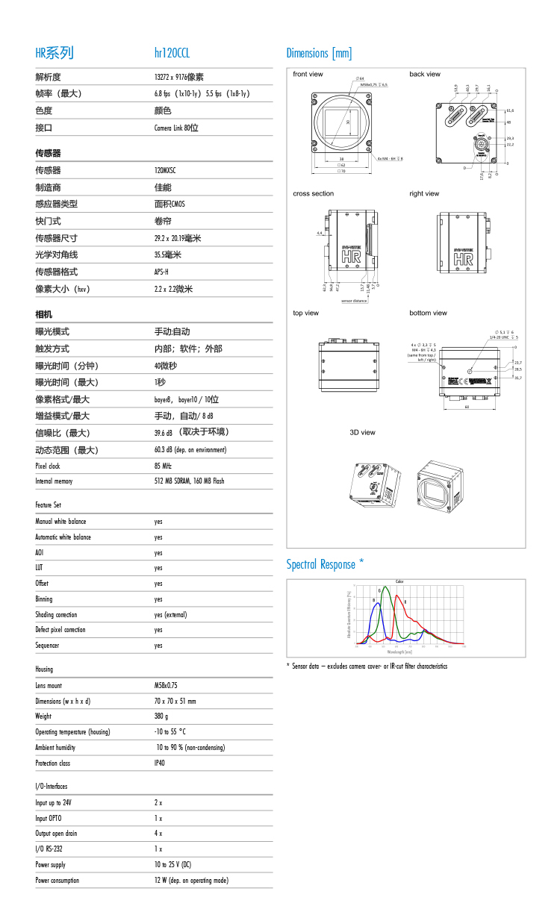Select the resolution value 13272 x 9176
(178, 77)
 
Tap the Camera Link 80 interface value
(176, 128)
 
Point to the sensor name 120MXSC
(165, 170)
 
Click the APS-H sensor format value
(161, 272)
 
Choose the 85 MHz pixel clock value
(163, 466)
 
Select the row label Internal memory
(54, 481)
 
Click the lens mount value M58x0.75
(166, 685)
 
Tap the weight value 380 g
(161, 716)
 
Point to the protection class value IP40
(160, 763)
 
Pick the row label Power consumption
(57, 881)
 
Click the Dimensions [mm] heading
(319, 53)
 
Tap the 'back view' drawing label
(425, 74)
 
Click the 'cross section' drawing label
(314, 193)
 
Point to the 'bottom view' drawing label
(428, 313)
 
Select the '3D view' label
(362, 432)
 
